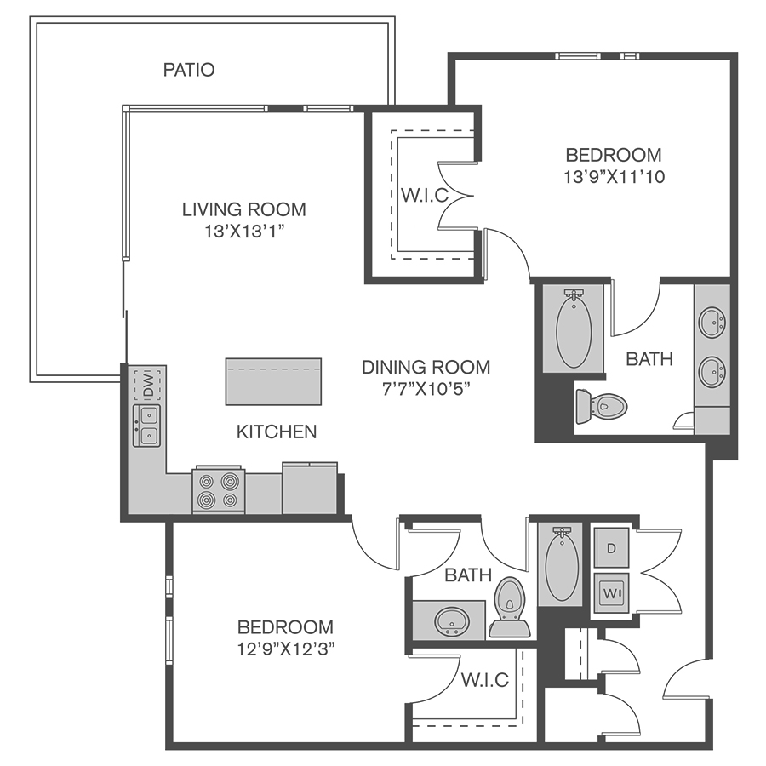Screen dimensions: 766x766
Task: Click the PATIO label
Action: [189, 70]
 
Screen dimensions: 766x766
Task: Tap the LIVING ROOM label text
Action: [244, 209]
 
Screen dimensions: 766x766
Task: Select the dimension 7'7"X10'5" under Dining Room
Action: [426, 389]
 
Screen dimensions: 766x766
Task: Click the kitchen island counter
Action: [273, 381]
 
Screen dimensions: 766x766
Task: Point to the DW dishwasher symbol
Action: [148, 385]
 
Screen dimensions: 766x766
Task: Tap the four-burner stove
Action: [219, 490]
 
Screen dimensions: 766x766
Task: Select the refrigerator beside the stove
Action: [310, 488]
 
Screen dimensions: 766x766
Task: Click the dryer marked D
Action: [611, 548]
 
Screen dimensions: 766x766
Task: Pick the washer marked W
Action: [611, 593]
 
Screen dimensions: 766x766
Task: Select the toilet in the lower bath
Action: [510, 609]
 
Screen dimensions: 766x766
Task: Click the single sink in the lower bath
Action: [453, 621]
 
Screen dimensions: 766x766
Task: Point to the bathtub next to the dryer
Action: [562, 565]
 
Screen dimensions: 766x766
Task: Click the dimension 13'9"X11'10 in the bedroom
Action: [614, 176]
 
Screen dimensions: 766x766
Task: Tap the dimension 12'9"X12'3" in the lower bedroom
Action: [286, 649]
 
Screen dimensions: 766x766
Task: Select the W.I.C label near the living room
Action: [425, 195]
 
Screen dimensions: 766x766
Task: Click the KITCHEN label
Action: [277, 432]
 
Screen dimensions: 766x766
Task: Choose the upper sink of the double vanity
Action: [712, 322]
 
